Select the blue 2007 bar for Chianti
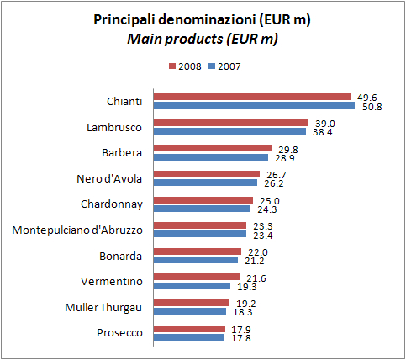pyautogui.click(x=253, y=106)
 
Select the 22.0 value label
pyautogui.click(x=256, y=251)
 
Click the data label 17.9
pyautogui.click(x=241, y=329)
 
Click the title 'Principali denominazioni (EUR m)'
pyautogui.click(x=202, y=20)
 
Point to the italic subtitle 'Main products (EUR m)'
pyautogui.click(x=202, y=39)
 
